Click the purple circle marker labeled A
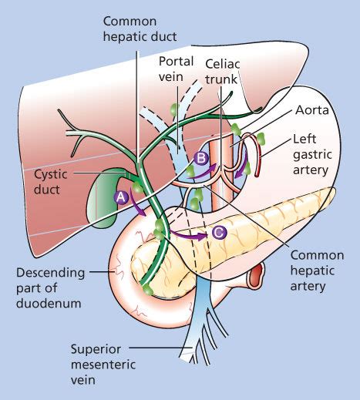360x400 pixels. (120, 197)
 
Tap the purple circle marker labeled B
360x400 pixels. (202, 158)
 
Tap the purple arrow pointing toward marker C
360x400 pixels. (190, 231)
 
